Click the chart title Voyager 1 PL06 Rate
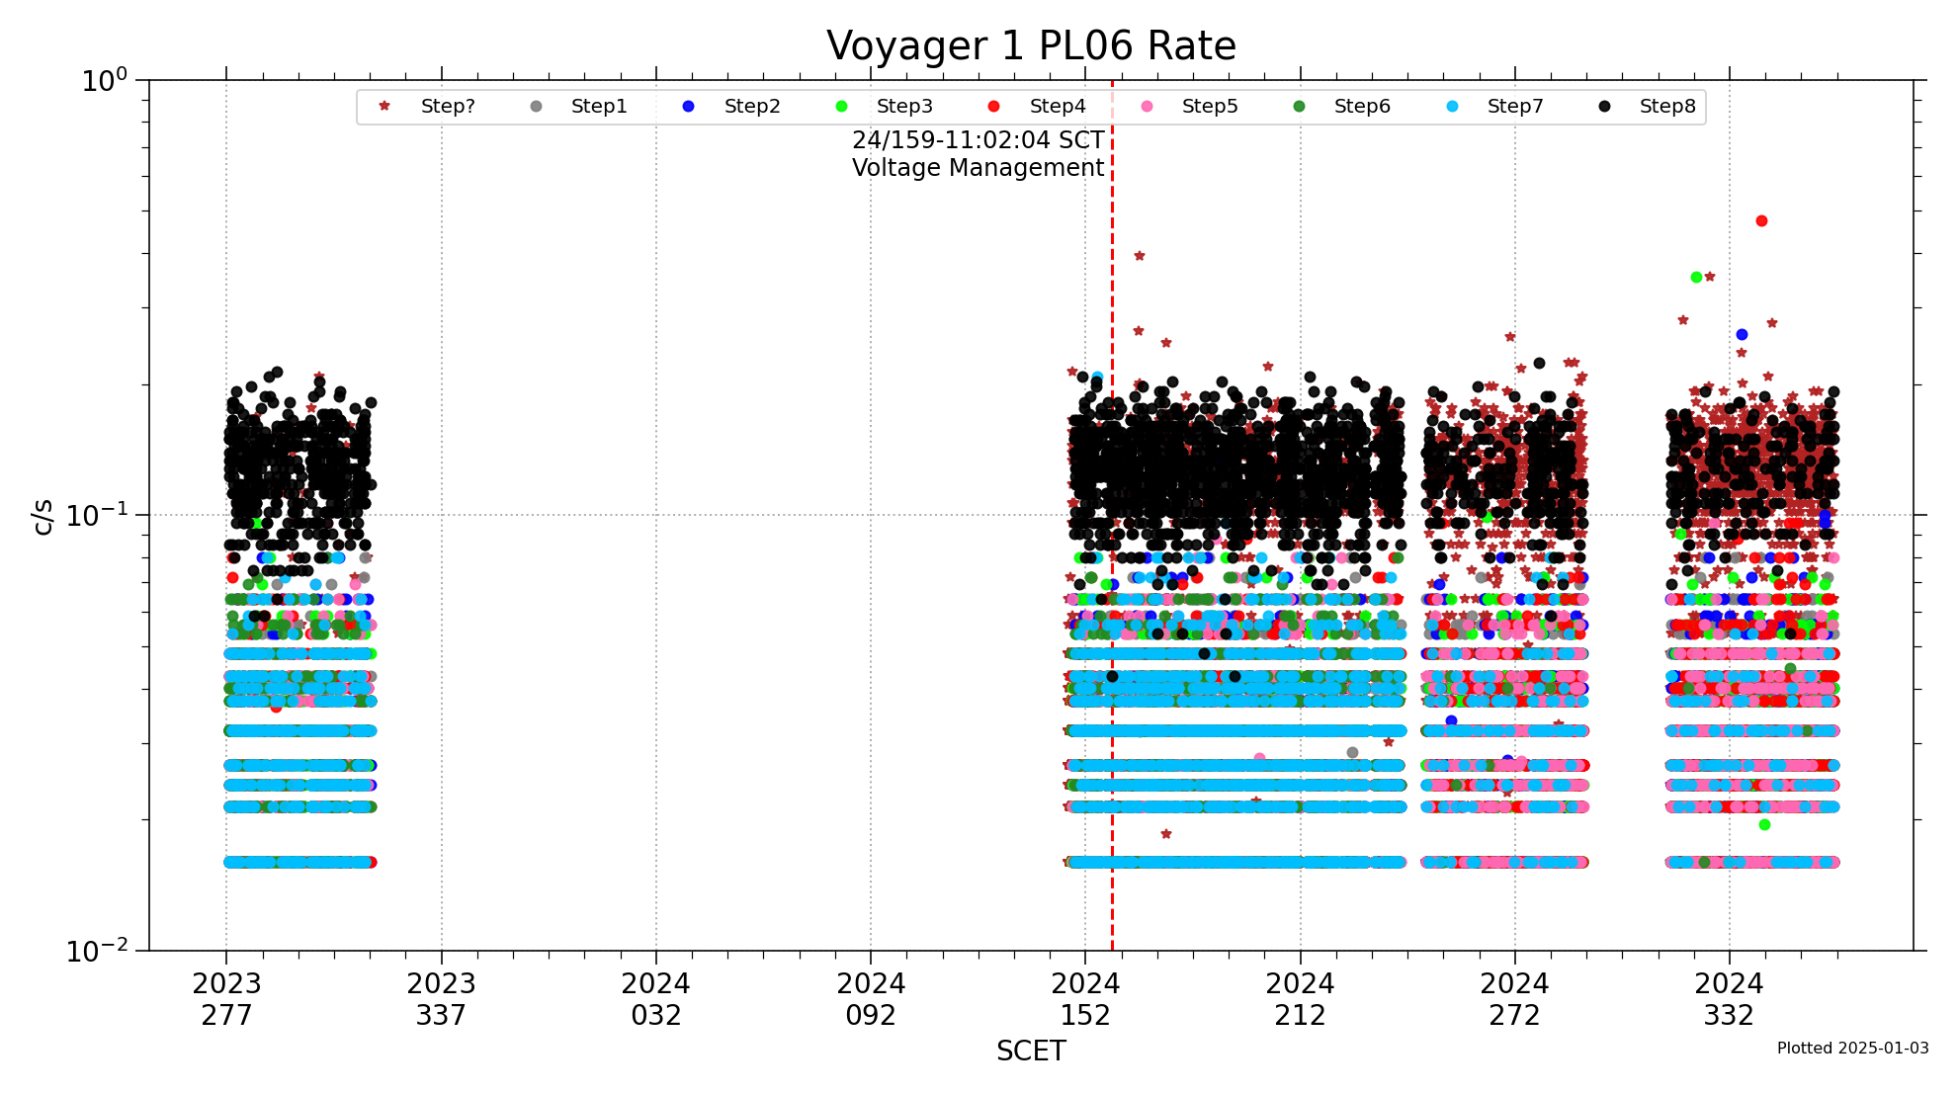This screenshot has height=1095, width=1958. point(1031,46)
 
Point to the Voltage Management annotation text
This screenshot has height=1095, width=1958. point(978,168)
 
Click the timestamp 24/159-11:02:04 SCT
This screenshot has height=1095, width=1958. point(978,140)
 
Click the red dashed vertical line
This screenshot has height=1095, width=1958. point(1112,395)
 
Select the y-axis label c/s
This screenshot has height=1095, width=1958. point(43,516)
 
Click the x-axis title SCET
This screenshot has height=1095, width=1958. point(1031,1052)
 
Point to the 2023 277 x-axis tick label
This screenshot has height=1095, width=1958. point(226,999)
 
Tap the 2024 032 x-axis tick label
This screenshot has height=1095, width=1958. point(656,999)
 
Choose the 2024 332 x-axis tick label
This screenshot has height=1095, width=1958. point(1729,999)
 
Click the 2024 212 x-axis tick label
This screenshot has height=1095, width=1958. point(1300,999)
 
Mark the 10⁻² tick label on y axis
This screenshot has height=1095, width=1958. point(97,951)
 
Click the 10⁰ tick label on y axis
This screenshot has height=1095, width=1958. point(105,80)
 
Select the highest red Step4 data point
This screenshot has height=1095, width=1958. point(1761,221)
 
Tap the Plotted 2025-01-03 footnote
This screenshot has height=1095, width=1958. point(1852,1049)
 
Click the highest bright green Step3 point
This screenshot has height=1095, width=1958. point(1696,278)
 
